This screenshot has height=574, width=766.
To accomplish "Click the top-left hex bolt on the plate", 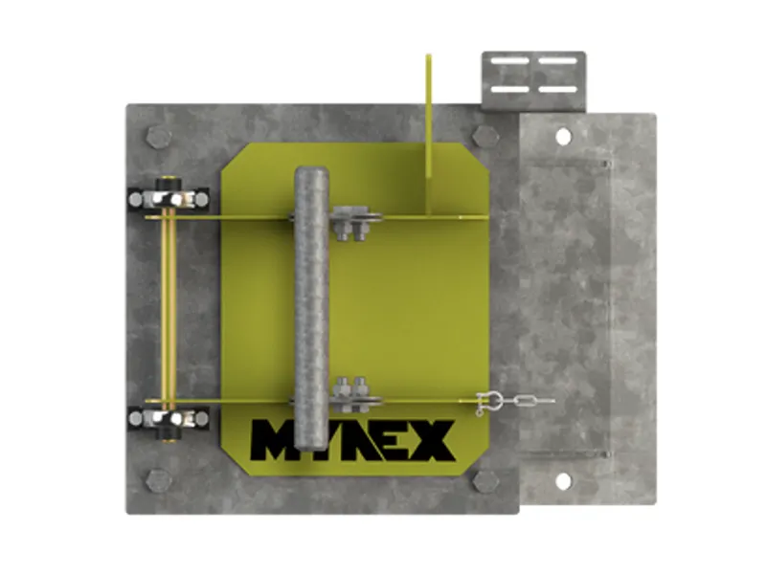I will coord(159,137).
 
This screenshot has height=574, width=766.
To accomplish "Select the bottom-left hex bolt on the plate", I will coord(159,480).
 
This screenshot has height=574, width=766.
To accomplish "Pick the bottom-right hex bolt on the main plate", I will coord(486,480).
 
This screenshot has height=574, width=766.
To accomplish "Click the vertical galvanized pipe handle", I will coord(311,306).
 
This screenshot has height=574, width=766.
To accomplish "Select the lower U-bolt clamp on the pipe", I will coord(352,394).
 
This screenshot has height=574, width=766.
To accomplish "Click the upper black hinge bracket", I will coord(169,199).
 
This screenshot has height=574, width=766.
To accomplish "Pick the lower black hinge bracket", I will coord(169,418).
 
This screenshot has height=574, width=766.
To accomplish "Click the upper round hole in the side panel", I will coord(562,134).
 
